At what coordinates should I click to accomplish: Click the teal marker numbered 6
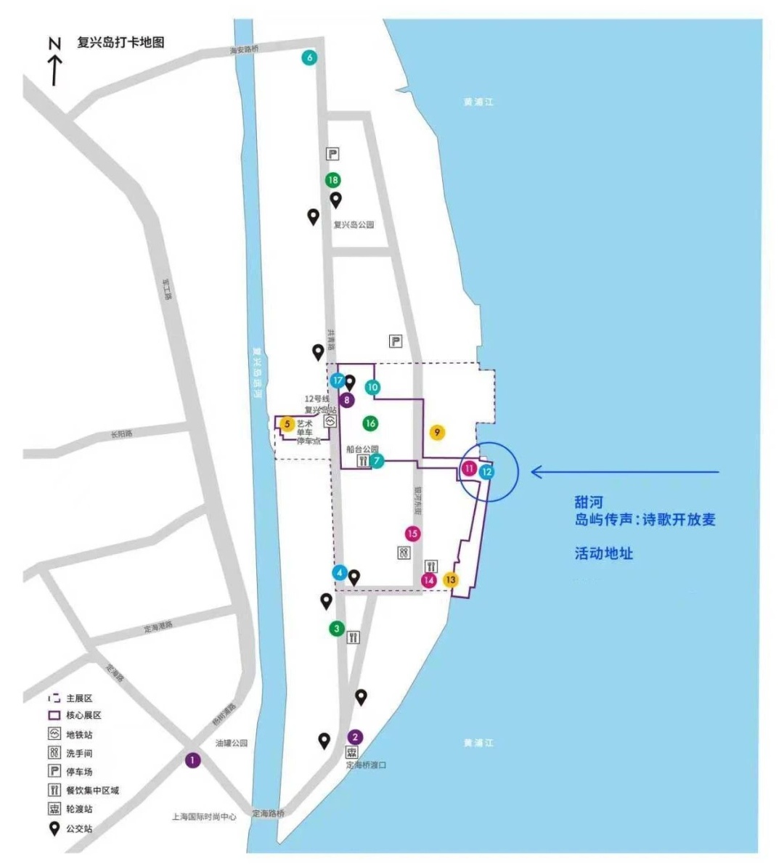click(310, 58)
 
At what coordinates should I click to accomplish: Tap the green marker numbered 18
click(332, 180)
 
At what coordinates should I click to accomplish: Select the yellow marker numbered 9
click(436, 433)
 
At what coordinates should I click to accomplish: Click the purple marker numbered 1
click(192, 760)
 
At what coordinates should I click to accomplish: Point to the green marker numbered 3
click(336, 629)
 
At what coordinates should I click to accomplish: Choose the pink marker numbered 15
click(412, 534)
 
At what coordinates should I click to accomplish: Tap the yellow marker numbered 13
click(451, 579)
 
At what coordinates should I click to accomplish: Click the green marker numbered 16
click(370, 423)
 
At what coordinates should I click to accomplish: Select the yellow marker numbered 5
click(287, 424)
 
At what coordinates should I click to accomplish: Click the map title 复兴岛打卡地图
click(121, 42)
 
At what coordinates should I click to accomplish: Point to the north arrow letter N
click(54, 44)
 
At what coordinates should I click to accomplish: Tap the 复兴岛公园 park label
click(354, 225)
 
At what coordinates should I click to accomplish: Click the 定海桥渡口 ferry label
click(366, 765)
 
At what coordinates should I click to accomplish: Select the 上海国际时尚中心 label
click(204, 817)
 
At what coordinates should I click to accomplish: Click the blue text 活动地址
click(604, 553)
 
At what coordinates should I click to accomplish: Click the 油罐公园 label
click(232, 743)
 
